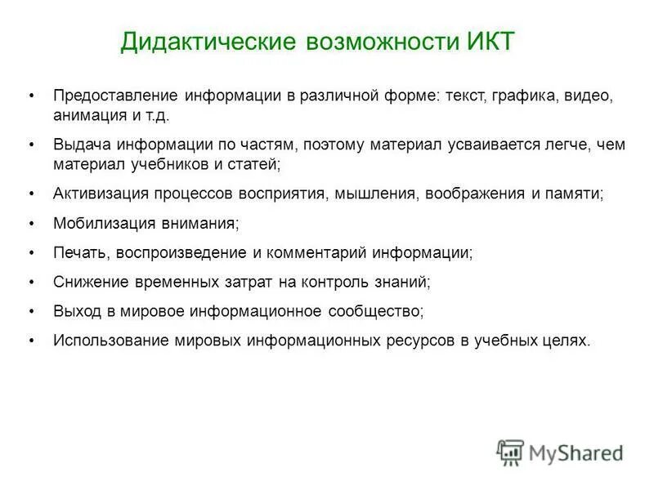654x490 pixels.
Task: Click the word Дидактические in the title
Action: [208, 42]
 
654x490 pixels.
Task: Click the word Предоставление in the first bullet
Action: [114, 96]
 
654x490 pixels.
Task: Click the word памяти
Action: [575, 194]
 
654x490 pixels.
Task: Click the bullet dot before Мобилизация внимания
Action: [32, 223]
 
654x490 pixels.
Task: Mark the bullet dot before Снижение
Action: [32, 282]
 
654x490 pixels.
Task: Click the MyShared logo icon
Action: [510, 452]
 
